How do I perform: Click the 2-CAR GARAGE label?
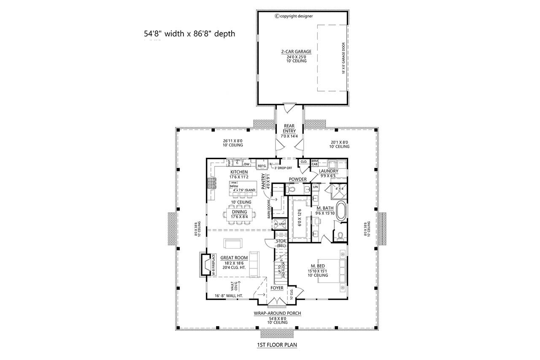[296, 52]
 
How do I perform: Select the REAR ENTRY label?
[289, 128]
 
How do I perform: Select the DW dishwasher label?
[247, 163]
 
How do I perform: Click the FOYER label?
[277, 288]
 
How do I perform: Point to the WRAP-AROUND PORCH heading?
[277, 314]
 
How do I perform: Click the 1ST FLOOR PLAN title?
[277, 345]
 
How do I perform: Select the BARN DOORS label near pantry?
[268, 209]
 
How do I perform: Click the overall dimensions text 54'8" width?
[189, 34]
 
